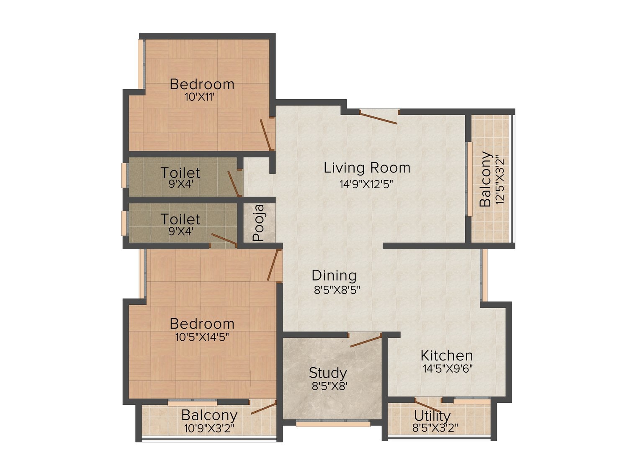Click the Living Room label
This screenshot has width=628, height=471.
(367, 167)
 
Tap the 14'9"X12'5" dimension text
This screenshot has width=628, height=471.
(366, 184)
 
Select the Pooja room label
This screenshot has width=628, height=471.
(259, 222)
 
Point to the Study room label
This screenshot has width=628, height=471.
(328, 373)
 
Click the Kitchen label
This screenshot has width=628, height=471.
(447, 355)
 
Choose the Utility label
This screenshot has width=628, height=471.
(432, 415)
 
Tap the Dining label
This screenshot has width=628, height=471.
(334, 275)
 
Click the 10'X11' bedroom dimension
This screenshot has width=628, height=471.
(200, 97)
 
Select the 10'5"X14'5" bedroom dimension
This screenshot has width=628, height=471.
(202, 337)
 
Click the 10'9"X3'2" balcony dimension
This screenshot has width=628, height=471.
(209, 428)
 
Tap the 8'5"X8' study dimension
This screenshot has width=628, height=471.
(329, 386)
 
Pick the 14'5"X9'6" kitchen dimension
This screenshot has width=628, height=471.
(448, 368)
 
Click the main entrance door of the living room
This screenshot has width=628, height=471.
(378, 118)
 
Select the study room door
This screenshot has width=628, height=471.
(366, 340)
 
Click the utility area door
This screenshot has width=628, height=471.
(428, 405)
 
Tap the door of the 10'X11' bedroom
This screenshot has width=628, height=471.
(265, 135)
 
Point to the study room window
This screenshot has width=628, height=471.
(333, 424)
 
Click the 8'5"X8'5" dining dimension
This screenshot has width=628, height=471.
(337, 290)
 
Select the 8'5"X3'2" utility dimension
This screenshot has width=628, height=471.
(435, 428)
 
